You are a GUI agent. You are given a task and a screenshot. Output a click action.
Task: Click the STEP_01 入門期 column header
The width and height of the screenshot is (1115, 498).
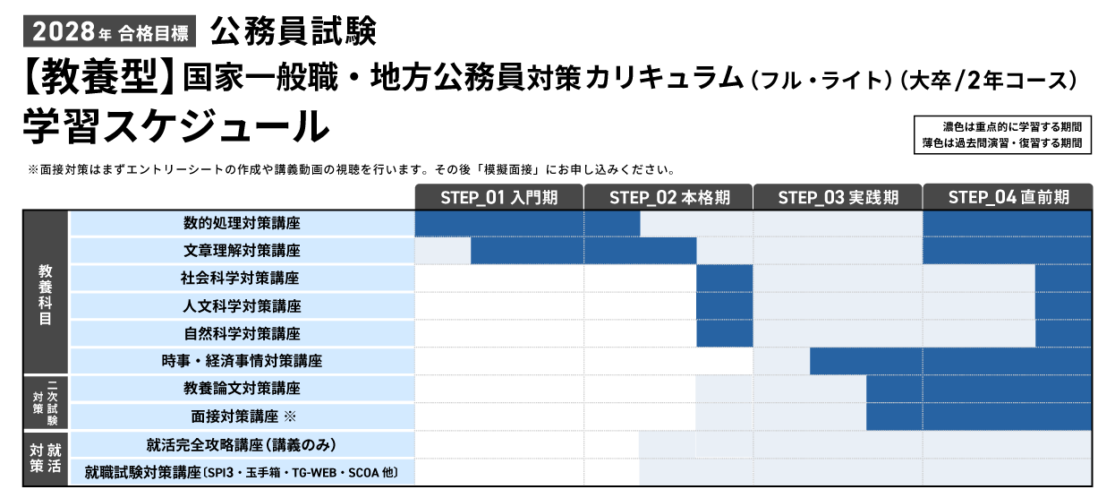pyautogui.click(x=498, y=197)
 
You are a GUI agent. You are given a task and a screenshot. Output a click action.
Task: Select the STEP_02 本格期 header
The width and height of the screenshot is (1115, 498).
pyautogui.click(x=668, y=197)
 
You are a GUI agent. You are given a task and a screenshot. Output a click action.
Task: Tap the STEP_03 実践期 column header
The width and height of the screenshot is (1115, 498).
pyautogui.click(x=838, y=197)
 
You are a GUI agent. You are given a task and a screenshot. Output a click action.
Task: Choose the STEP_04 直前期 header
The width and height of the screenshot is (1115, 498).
pyautogui.click(x=1008, y=197)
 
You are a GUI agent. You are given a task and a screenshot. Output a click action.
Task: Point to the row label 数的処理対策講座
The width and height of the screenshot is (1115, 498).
pyautogui.click(x=242, y=223)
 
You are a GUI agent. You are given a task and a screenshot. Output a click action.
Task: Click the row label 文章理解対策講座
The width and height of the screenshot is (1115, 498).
pyautogui.click(x=242, y=251)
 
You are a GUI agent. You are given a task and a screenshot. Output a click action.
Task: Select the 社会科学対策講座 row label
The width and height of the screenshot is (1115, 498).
pyautogui.click(x=242, y=279)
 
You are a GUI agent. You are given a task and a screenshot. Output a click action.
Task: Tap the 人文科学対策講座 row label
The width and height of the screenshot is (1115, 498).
pyautogui.click(x=242, y=306)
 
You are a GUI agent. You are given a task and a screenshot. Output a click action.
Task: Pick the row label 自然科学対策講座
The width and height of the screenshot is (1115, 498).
pyautogui.click(x=242, y=334)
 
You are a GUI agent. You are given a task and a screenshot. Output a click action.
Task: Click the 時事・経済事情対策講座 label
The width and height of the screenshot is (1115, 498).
pyautogui.click(x=242, y=362)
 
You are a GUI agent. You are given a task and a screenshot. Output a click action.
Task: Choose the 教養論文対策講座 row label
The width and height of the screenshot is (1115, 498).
pyautogui.click(x=242, y=390)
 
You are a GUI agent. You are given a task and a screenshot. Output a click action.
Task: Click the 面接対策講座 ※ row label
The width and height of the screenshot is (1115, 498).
pyautogui.click(x=242, y=417)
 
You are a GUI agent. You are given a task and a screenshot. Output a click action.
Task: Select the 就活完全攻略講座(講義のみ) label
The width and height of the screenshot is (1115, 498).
pyautogui.click(x=242, y=445)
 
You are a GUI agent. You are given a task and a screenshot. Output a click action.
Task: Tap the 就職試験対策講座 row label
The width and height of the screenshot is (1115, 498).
pyautogui.click(x=242, y=472)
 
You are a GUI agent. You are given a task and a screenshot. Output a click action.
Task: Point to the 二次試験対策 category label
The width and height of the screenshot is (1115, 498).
pyautogui.click(x=45, y=403)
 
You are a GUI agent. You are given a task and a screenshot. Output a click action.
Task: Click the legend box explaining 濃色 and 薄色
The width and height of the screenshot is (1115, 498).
pyautogui.click(x=1002, y=135)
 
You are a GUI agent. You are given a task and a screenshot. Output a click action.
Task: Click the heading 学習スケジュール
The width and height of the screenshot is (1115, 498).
pyautogui.click(x=176, y=126)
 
